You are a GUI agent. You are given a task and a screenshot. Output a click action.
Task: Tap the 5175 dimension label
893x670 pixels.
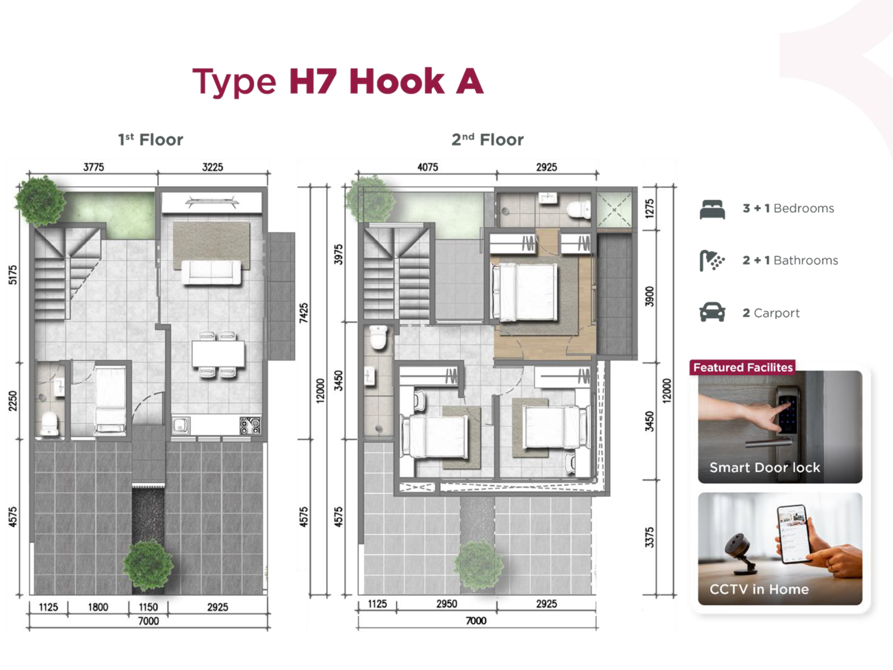(x=13, y=275)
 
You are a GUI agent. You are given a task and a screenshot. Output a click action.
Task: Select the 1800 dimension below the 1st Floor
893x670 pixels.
(x=98, y=607)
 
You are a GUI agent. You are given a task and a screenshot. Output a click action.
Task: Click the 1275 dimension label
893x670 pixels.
(x=649, y=208)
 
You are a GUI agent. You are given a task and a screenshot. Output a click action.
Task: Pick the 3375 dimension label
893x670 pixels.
(x=649, y=537)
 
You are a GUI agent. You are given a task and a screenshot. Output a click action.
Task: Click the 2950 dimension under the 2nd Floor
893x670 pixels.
(x=446, y=604)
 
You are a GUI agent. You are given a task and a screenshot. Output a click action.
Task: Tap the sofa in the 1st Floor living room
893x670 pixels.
(x=211, y=272)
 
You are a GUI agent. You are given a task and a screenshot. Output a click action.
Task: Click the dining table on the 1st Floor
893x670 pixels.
(x=218, y=354)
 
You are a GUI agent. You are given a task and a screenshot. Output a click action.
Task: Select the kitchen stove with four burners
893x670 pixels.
(x=250, y=425)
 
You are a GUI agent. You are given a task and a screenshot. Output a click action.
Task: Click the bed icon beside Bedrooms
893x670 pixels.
(x=712, y=209)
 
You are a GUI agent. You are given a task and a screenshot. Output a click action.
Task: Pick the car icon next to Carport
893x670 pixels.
(x=712, y=312)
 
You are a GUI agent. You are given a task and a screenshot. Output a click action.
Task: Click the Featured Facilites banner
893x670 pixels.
(x=743, y=367)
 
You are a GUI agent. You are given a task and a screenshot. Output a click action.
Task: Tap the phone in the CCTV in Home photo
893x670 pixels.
(x=794, y=534)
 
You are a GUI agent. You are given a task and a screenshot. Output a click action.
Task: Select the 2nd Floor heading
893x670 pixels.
(x=487, y=140)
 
